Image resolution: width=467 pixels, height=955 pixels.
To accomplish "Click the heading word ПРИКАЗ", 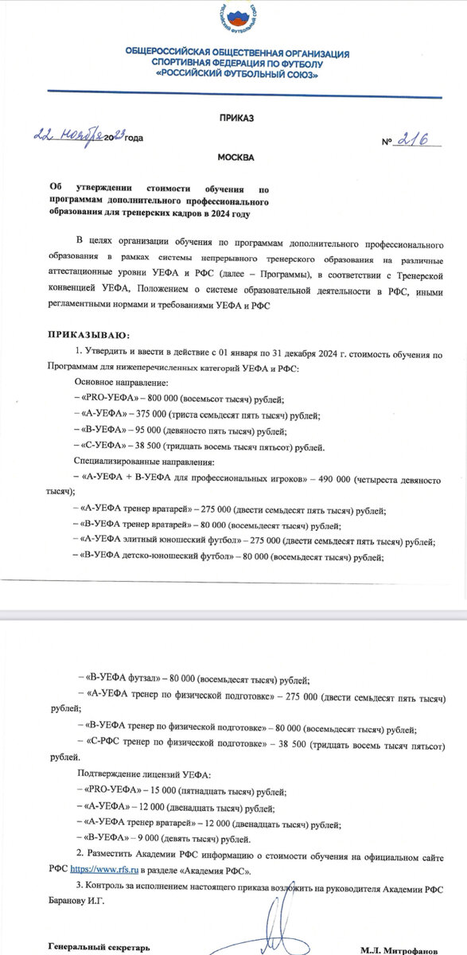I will pos(235,118).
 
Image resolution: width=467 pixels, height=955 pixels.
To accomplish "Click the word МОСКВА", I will pos(235,158).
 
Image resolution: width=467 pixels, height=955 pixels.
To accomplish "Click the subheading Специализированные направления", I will pos(139,462).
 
